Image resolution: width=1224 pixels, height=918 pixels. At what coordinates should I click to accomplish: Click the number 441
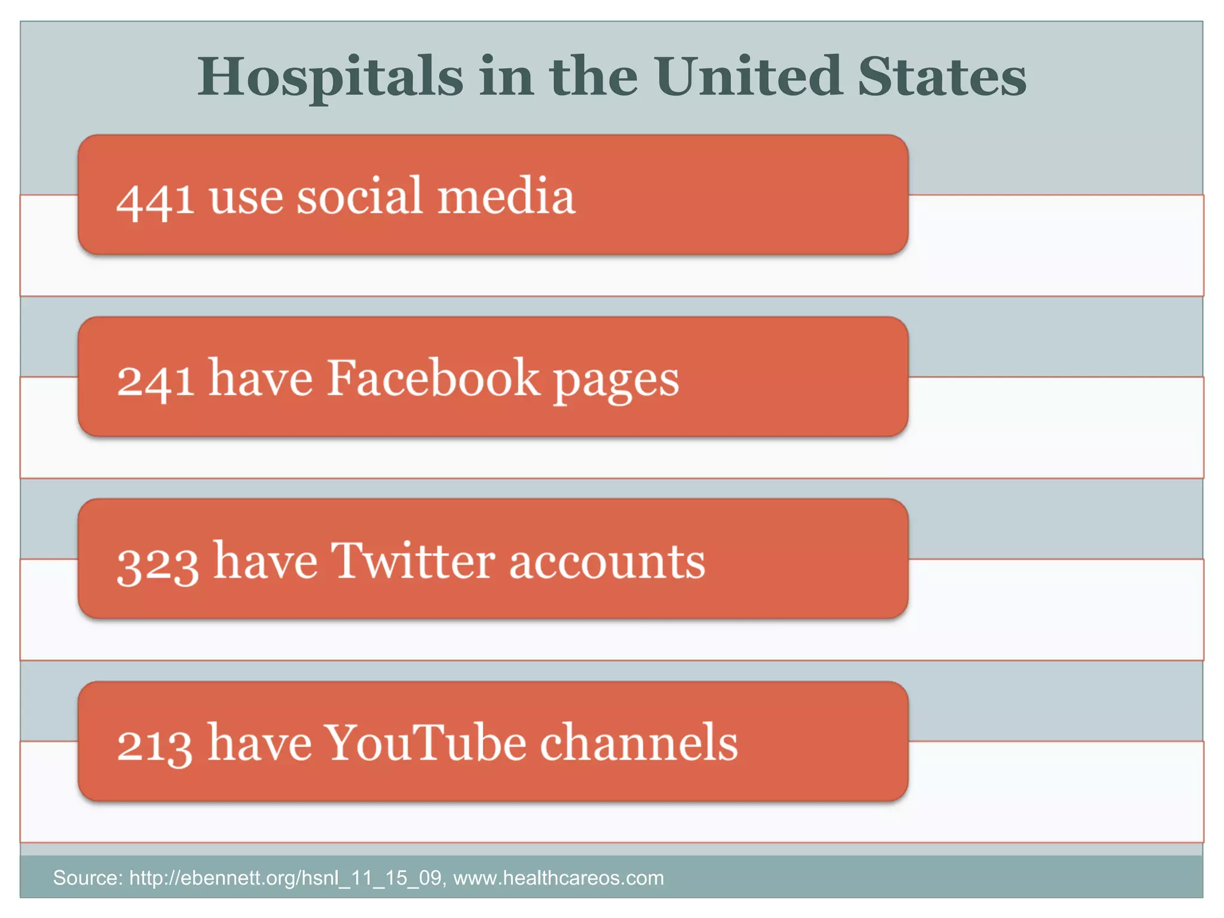155,198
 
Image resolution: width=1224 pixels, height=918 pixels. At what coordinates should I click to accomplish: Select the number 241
155,380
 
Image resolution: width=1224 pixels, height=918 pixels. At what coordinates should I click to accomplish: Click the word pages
616,382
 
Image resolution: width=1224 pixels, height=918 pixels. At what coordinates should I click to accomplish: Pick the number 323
158,563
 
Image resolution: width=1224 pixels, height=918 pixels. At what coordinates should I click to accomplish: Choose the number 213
155,745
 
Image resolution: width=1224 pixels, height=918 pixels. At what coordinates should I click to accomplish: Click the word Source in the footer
87,878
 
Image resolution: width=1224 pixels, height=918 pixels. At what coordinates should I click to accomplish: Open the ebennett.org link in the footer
286,878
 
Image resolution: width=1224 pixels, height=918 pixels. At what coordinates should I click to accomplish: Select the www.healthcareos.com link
558,878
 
